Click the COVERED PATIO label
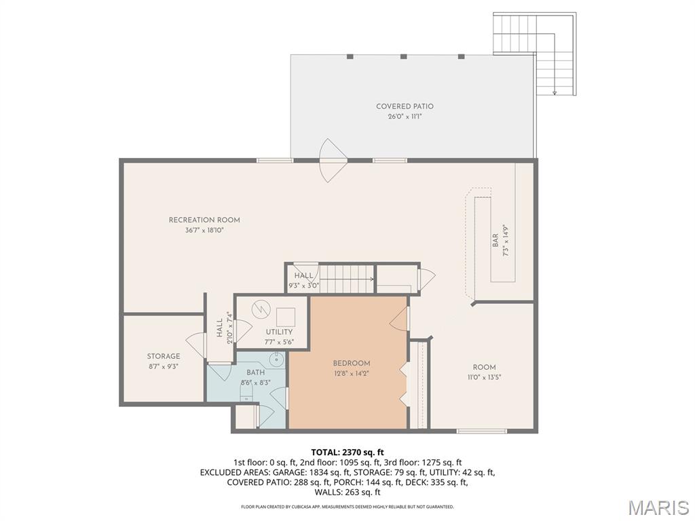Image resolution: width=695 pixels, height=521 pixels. point(405,107)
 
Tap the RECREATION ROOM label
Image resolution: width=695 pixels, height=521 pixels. point(204,220)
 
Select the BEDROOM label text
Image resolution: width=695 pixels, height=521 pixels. point(351,363)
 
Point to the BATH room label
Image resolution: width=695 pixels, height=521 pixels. point(255,372)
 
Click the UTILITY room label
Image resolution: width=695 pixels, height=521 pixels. point(279,332)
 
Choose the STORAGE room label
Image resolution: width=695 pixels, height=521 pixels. point(164,356)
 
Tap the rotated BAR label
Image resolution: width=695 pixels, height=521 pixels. point(495,240)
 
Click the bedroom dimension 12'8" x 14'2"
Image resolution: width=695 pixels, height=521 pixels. point(351,373)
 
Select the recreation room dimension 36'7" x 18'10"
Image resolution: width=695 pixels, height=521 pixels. point(204,230)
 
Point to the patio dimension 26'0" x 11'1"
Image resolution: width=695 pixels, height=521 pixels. point(405,117)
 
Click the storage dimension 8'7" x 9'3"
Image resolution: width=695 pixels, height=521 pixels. point(164,366)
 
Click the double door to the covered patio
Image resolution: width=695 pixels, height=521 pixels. point(333,161)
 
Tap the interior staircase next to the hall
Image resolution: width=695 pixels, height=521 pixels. point(347,278)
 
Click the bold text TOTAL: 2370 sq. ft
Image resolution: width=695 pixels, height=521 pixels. point(347,452)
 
